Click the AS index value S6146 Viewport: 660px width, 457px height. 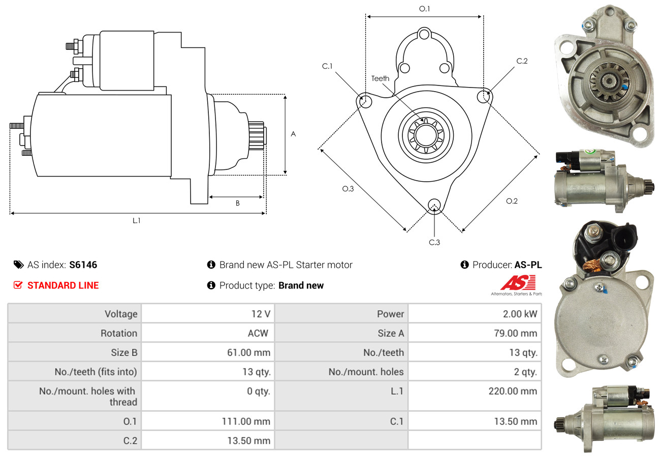tap(83, 265)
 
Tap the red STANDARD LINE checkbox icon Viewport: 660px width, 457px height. tap(18, 285)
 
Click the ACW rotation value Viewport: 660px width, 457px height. tap(258, 333)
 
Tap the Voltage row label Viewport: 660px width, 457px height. tap(121, 313)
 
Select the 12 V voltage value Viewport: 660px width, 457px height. tap(261, 313)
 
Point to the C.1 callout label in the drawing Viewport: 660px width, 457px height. tap(327, 66)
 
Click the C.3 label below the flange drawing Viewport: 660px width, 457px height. tap(434, 242)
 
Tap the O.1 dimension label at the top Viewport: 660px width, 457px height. tap(424, 9)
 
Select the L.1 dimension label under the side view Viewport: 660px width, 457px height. tap(136, 220)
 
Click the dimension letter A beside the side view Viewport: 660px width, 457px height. tap(293, 134)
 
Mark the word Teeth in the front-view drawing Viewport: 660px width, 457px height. tap(380, 78)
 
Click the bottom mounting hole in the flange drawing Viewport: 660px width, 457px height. tap(434, 205)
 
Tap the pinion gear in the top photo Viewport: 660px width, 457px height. tap(604, 80)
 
